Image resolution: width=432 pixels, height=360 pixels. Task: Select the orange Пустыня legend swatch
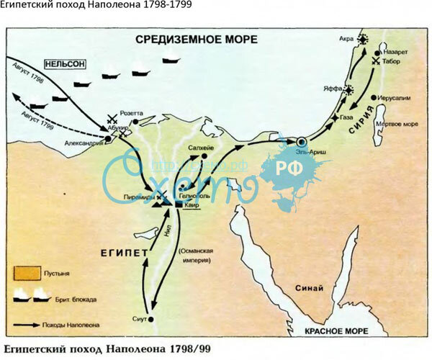(26, 274)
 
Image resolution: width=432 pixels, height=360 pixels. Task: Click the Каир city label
(191, 206)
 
